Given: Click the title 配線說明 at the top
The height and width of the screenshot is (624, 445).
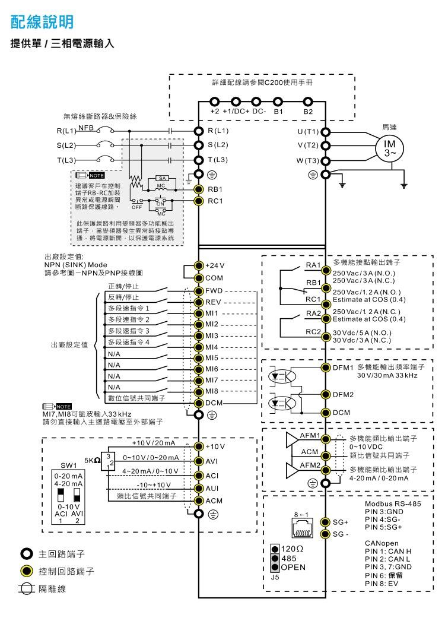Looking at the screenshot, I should point(42,23).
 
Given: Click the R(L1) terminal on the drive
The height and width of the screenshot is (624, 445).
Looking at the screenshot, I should point(199,130).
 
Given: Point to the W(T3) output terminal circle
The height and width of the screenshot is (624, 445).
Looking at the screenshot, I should point(325,160).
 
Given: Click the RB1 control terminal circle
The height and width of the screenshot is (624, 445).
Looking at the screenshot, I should point(199,189).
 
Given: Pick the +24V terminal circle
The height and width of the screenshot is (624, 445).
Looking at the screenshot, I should point(199,265).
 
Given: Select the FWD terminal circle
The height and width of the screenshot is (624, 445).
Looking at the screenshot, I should point(199,291).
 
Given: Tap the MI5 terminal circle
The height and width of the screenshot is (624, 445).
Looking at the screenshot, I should point(199,358).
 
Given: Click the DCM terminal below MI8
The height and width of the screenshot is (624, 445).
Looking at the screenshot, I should point(199,403).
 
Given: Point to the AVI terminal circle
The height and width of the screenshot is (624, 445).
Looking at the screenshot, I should point(199,461).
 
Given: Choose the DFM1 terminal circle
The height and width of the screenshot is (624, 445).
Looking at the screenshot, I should point(325,368).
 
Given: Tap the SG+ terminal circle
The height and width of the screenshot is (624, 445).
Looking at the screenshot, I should point(325,522).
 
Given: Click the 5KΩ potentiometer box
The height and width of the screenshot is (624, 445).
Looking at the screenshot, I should point(107,460).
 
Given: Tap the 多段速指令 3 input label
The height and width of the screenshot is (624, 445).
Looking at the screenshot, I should point(129,330).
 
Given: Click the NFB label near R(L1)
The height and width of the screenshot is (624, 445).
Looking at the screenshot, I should point(86,127).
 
